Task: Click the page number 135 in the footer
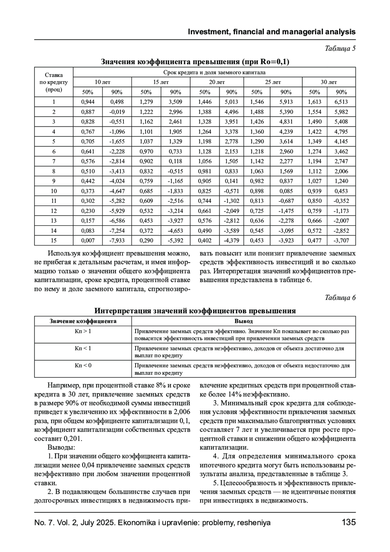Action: coord(349,522)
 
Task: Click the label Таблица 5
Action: coord(340,49)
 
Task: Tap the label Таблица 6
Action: coord(340,298)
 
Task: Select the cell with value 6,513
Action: coord(341,102)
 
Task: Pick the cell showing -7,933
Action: coord(117,241)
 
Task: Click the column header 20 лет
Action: coord(216,82)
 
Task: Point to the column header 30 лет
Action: coord(329,82)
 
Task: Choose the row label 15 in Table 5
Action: coord(54,241)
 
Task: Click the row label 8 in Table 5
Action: coord(54,171)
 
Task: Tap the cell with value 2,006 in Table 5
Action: coord(341,171)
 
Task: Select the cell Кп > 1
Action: coord(83,331)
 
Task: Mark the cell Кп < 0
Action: coord(83,365)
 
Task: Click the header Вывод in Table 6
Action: coord(243,321)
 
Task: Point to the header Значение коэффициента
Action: coord(83,321)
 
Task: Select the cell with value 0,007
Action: coord(88,241)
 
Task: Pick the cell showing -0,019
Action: coord(117,112)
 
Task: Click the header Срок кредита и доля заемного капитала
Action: coord(214,72)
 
